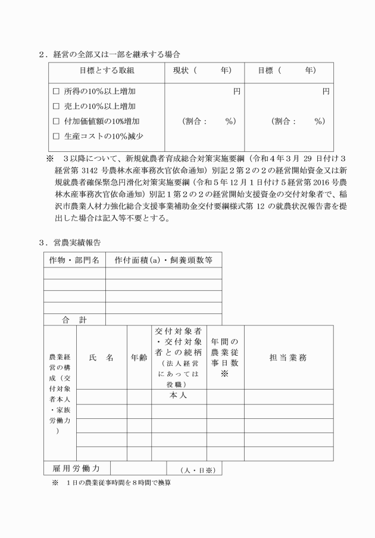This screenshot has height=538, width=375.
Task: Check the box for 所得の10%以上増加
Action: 57,92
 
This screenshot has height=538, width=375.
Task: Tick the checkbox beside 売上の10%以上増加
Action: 57,107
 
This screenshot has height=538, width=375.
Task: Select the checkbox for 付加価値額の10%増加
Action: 57,122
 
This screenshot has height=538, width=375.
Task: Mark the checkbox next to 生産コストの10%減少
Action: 57,136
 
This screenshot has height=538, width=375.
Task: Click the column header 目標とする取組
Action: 107,70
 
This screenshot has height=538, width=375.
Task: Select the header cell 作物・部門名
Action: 74,260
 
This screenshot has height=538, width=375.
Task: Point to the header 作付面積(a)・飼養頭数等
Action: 163,260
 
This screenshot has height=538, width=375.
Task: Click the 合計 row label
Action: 74,320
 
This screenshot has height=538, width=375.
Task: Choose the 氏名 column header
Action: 101,358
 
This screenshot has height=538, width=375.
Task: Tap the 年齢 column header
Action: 139,358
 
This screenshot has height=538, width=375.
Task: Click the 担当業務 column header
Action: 288,358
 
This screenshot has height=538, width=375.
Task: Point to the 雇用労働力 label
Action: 77,469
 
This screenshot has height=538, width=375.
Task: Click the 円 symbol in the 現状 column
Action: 236,92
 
